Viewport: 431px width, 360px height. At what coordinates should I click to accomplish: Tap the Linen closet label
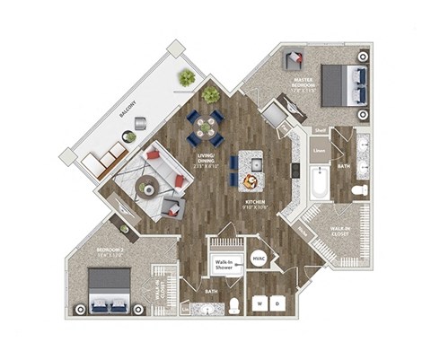pyautogui.click(x=319, y=151)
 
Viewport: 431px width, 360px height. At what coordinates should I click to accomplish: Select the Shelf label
pyautogui.click(x=319, y=130)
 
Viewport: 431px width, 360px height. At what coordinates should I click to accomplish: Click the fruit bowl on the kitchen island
pyautogui.click(x=249, y=182)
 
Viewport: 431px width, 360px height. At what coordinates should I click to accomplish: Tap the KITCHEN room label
pyautogui.click(x=257, y=203)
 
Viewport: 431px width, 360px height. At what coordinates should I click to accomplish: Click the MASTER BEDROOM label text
pyautogui.click(x=303, y=84)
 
